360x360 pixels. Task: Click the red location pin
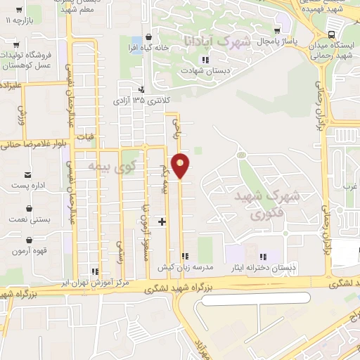[181, 165]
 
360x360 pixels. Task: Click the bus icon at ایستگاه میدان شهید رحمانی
[332, 34]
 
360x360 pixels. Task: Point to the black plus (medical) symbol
[162, 222]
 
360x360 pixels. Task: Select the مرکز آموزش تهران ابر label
[95, 283]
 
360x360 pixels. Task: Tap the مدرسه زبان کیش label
[184, 268]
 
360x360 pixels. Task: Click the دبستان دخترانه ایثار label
[263, 268]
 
